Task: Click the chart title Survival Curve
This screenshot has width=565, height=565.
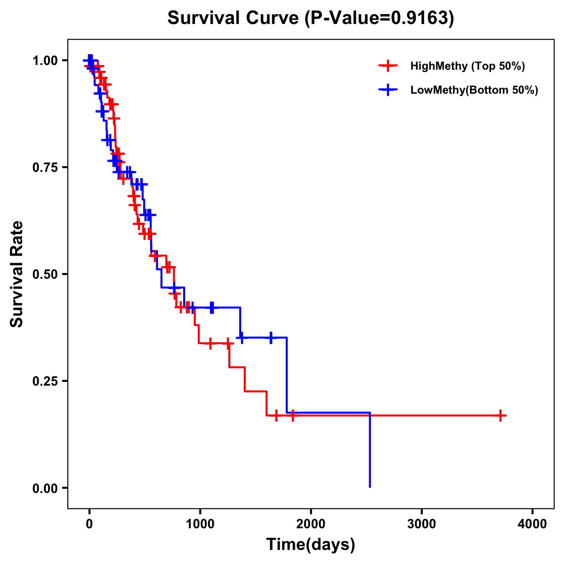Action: (x=234, y=18)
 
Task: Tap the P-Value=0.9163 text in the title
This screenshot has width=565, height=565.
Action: (x=379, y=18)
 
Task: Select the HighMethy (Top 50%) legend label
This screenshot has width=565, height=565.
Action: (x=467, y=66)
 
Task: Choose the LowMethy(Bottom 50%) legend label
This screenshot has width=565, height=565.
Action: (x=474, y=90)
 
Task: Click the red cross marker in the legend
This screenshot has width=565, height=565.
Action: (x=387, y=66)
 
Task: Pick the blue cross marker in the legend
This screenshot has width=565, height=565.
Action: (x=387, y=90)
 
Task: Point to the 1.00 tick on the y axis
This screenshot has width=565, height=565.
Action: (x=45, y=61)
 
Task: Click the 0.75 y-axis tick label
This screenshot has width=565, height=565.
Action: (x=45, y=168)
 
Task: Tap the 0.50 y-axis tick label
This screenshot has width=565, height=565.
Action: (x=45, y=274)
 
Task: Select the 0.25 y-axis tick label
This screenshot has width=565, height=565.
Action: (x=45, y=381)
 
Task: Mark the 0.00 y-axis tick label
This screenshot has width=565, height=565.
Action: (x=45, y=488)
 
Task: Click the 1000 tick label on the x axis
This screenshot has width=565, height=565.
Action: (x=200, y=524)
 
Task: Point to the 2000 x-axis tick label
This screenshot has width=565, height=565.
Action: (x=311, y=524)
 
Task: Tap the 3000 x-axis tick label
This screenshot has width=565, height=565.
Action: (x=422, y=524)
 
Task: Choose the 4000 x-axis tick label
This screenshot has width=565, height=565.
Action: (x=533, y=524)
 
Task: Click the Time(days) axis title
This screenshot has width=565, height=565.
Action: (x=311, y=545)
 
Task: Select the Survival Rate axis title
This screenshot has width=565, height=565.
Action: (x=17, y=274)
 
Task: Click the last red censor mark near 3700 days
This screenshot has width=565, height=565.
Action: (x=501, y=416)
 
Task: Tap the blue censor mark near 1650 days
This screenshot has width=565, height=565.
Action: (x=271, y=338)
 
